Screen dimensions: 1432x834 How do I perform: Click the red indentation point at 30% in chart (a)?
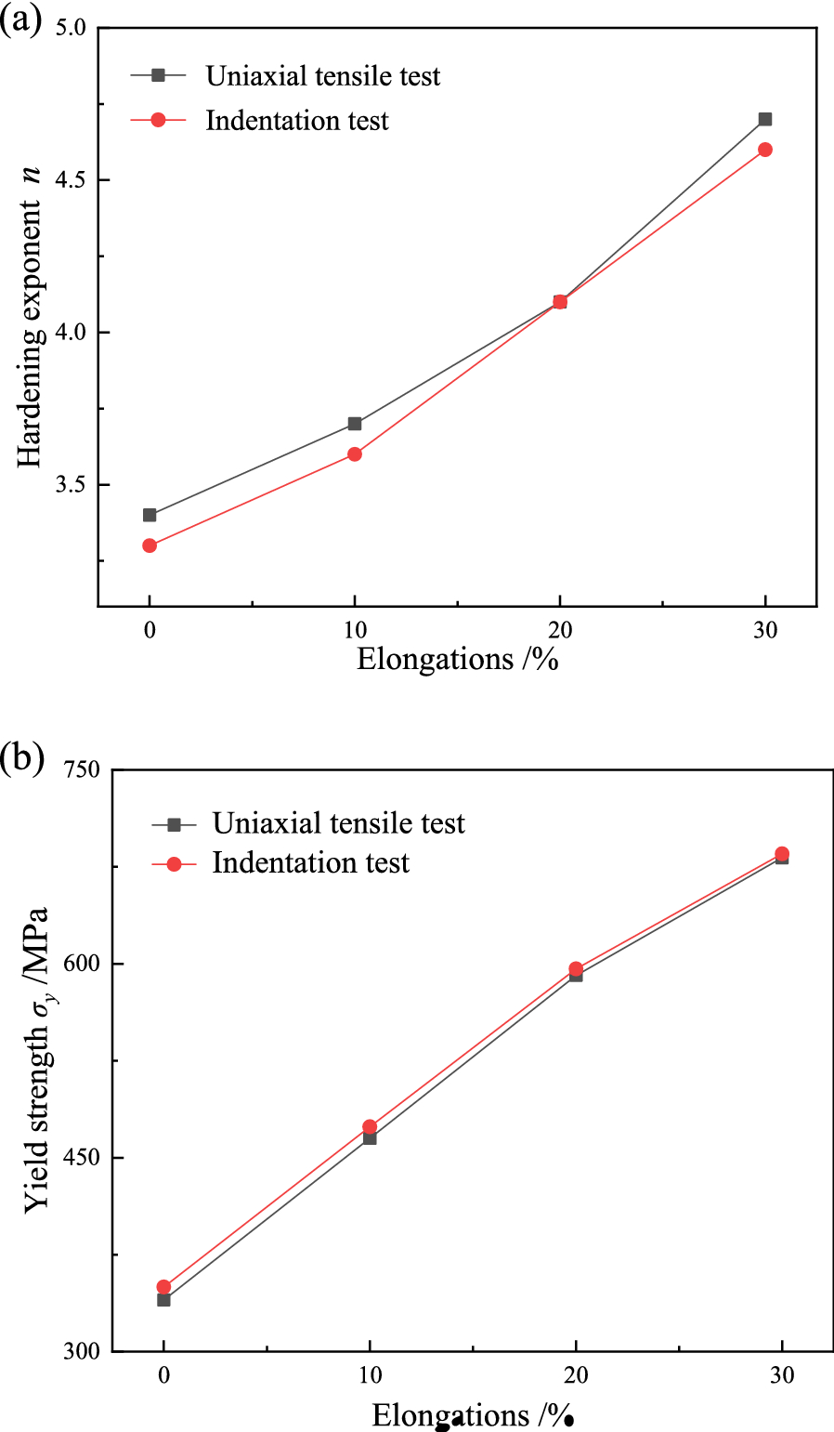765,150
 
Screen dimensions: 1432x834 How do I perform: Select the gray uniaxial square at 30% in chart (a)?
765,119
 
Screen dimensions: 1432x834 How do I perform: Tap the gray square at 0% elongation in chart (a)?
150,515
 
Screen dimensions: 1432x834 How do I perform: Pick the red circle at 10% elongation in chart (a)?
355,454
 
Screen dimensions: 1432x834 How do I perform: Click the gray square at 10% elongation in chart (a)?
355,424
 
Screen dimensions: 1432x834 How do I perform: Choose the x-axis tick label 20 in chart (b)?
576,1375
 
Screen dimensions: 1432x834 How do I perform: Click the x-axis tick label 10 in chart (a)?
355,631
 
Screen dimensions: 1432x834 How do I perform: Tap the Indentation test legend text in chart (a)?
297,121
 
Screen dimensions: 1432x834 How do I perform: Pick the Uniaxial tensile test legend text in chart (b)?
338,823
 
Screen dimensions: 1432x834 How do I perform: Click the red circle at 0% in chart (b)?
164,1287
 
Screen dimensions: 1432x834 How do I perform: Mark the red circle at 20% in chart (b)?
576,969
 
